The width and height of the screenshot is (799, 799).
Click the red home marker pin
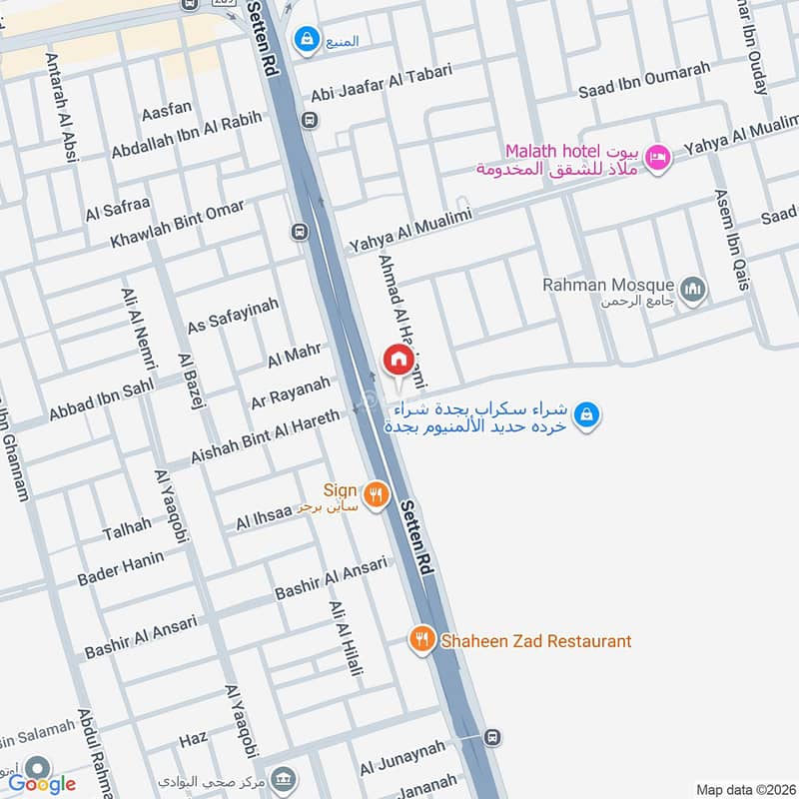click(x=398, y=359)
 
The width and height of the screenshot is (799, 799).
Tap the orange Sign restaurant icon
click(x=376, y=493)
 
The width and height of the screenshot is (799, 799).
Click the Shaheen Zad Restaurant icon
click(x=422, y=639)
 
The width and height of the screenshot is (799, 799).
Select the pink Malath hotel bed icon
click(x=656, y=157)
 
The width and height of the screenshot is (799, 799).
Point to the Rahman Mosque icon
click(x=694, y=291)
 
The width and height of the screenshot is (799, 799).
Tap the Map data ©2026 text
click(x=743, y=789)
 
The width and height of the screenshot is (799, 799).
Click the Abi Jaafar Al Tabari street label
click(x=382, y=83)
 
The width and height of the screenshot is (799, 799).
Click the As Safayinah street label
click(x=233, y=314)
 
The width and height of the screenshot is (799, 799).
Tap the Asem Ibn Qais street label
click(x=730, y=241)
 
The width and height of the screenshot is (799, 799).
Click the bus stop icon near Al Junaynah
click(x=491, y=736)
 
